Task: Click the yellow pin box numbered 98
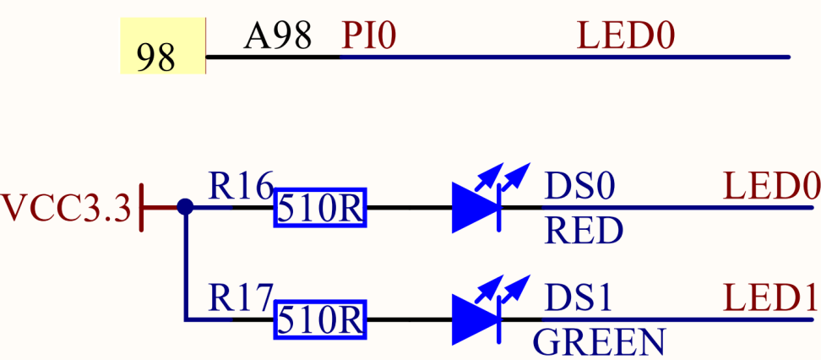coord(163,46)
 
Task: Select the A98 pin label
coord(278,35)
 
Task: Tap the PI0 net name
coord(368,35)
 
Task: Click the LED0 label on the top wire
coord(626,35)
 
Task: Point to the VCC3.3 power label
coord(66,209)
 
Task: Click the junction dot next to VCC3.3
coord(185,207)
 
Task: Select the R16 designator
coord(241,186)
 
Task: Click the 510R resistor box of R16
coord(320,208)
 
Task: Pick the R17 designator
coord(241,297)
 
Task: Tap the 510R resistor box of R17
coord(320,319)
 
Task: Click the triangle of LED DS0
coord(474,208)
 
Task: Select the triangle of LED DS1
coord(474,319)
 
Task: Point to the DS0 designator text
coord(579,187)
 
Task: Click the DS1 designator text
coord(579,298)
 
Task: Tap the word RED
coord(584,231)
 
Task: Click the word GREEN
coord(599,341)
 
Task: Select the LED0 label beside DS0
coord(770,187)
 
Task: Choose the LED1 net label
coord(770,298)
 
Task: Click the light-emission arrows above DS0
coord(502,178)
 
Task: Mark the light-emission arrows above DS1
coord(502,291)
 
